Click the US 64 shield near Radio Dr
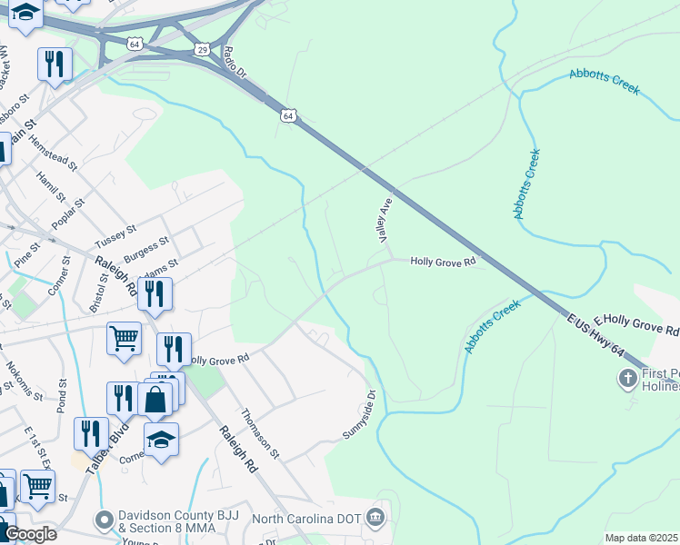287,115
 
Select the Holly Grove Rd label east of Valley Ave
444,262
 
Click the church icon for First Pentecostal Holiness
627,377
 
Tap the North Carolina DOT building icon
375,519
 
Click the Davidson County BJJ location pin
105,520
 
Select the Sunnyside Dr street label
359,415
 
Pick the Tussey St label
115,238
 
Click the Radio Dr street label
235,61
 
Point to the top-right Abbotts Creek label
605,83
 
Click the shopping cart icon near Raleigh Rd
124,338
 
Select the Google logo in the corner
32,534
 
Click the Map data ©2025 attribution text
642,538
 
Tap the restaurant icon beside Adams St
155,292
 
